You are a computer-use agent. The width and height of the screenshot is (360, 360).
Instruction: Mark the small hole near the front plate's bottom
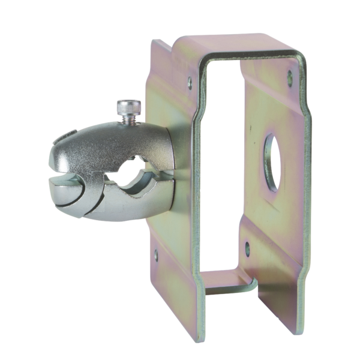[157, 254]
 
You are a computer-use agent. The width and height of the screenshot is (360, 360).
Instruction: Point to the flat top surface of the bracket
[234, 45]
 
